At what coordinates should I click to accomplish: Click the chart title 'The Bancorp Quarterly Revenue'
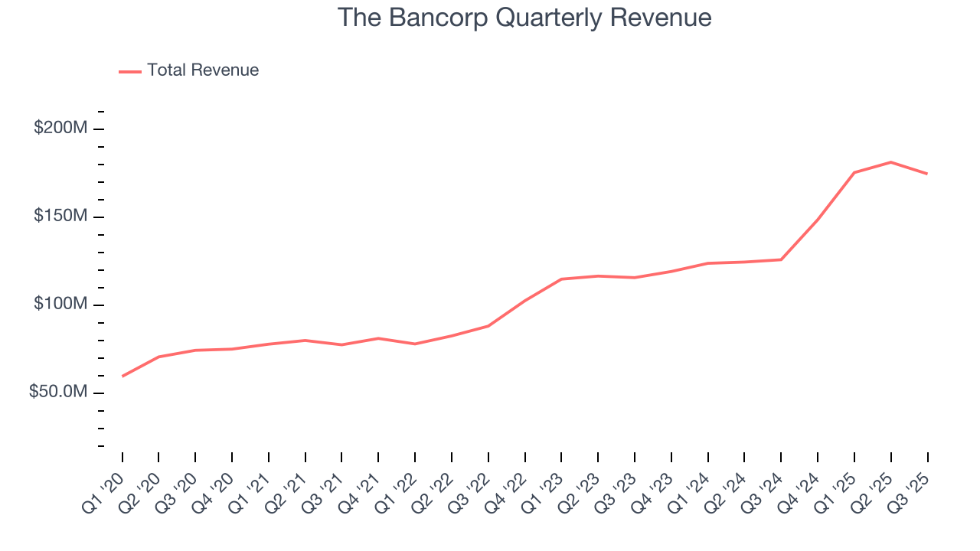pyautogui.click(x=524, y=18)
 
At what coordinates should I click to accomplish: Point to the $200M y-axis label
pyautogui.click(x=60, y=129)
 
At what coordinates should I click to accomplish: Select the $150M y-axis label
pyautogui.click(x=60, y=217)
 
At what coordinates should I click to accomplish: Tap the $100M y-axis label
pyautogui.click(x=60, y=305)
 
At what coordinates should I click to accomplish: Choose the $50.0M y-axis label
pyautogui.click(x=58, y=392)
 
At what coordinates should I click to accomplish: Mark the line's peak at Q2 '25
pyautogui.click(x=891, y=162)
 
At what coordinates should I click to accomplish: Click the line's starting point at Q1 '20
pyautogui.click(x=122, y=376)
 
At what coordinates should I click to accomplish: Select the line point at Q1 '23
pyautogui.click(x=562, y=279)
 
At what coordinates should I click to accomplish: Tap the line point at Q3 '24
pyautogui.click(x=782, y=259)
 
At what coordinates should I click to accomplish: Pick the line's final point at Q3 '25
pyautogui.click(x=927, y=174)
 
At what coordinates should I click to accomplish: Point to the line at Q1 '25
pyautogui.click(x=854, y=172)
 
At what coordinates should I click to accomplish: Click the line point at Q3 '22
pyautogui.click(x=488, y=326)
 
